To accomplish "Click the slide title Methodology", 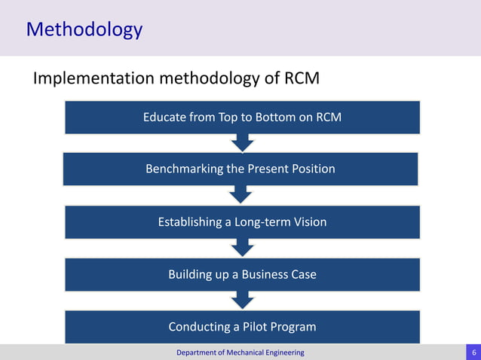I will coord(84,29).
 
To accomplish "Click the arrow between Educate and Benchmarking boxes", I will coord(241,142).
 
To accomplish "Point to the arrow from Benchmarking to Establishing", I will coord(241,195).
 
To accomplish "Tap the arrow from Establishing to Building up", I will coord(241,248).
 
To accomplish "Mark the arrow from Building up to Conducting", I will coord(241,301).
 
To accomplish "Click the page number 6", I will coord(473,352).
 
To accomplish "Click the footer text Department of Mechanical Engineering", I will coord(240,352).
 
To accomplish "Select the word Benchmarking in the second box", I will coord(184,169).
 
